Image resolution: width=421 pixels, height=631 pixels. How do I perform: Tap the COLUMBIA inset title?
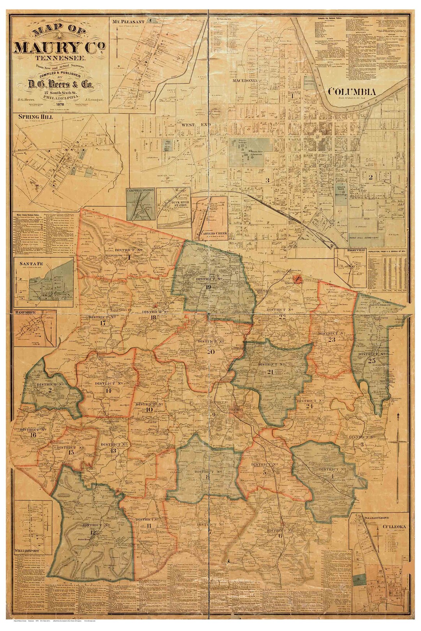coord(352,92)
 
